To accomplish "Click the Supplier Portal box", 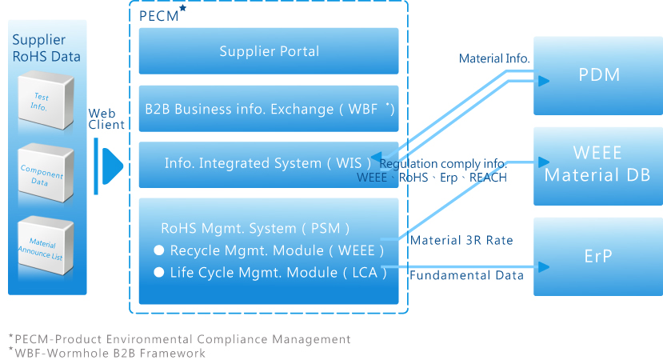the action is [269, 51].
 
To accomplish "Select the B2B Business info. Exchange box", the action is [269, 109].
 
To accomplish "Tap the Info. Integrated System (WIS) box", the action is [269, 165].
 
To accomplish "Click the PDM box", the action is [598, 76].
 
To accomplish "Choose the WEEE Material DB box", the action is [598, 166].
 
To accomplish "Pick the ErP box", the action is [598, 257].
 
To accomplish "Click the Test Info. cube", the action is [46, 100].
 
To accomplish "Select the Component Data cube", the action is [46, 173].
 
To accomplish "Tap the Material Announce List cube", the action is [46, 246].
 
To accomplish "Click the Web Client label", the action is [106, 119].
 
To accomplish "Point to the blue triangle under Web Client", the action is [113, 166].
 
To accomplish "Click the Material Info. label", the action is [494, 58].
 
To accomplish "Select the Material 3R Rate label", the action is [461, 240].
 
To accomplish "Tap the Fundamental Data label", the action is [466, 275].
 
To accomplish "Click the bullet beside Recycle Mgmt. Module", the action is [159, 250].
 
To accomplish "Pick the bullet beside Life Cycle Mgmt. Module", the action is [159, 273].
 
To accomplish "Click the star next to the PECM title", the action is [182, 8].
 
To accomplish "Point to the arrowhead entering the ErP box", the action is [544, 267].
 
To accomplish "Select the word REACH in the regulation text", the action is [488, 178].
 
